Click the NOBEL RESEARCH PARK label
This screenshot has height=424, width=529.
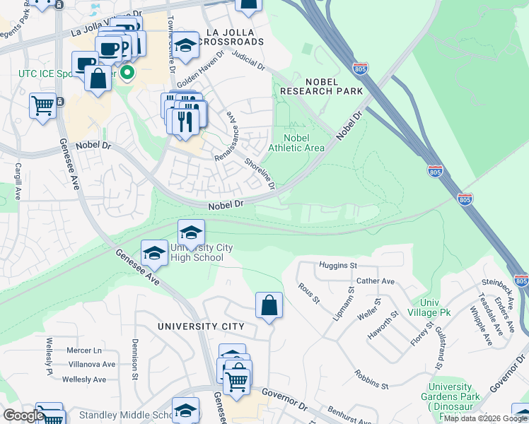[x=321, y=86]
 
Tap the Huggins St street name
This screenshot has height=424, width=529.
[x=337, y=265]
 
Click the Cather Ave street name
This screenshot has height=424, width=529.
[x=376, y=281]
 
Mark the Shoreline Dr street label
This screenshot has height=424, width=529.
[x=259, y=172]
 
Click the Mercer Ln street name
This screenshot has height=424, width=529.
[x=84, y=351]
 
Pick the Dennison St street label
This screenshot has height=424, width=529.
[x=134, y=359]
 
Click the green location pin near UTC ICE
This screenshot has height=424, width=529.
[x=128, y=72]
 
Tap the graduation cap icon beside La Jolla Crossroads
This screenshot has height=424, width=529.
[x=186, y=45]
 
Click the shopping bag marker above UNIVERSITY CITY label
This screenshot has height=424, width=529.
[x=269, y=306]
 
